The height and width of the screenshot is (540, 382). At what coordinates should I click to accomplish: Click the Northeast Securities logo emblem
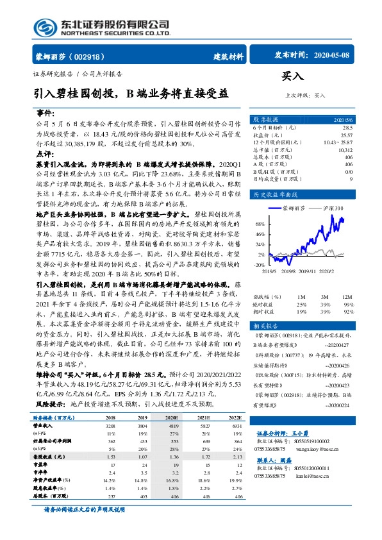[44, 26]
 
